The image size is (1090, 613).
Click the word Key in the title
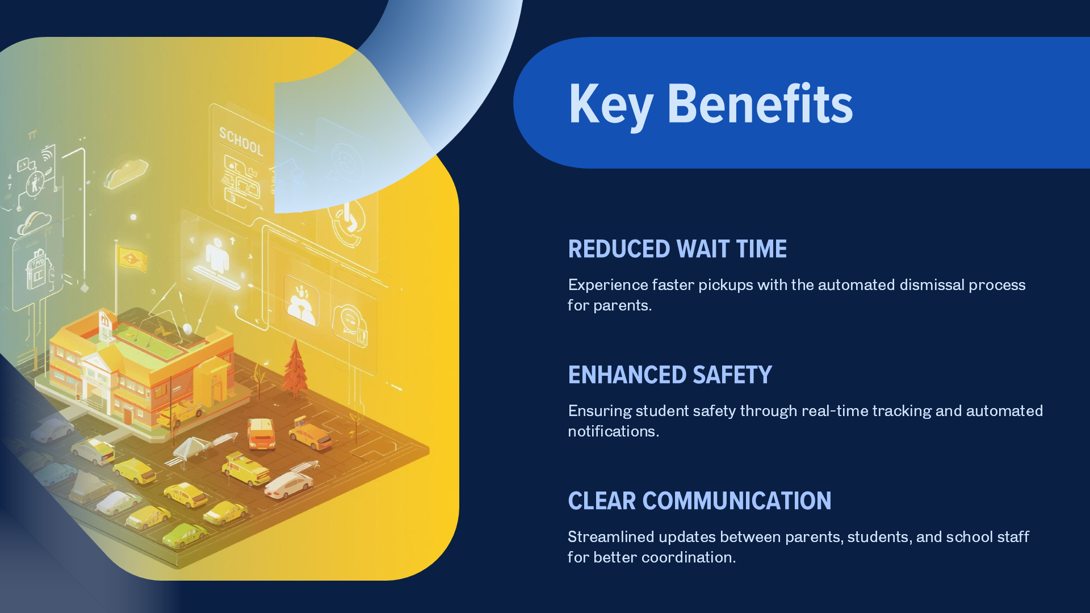(611, 105)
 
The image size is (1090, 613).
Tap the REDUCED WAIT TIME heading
(677, 249)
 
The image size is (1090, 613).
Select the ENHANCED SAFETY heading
(670, 375)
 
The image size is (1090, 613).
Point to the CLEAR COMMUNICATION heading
(699, 501)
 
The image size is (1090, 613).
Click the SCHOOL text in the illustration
(241, 142)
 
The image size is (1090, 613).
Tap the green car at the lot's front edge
(185, 535)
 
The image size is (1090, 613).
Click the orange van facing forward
(261, 434)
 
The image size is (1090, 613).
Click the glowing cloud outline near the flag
(126, 173)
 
